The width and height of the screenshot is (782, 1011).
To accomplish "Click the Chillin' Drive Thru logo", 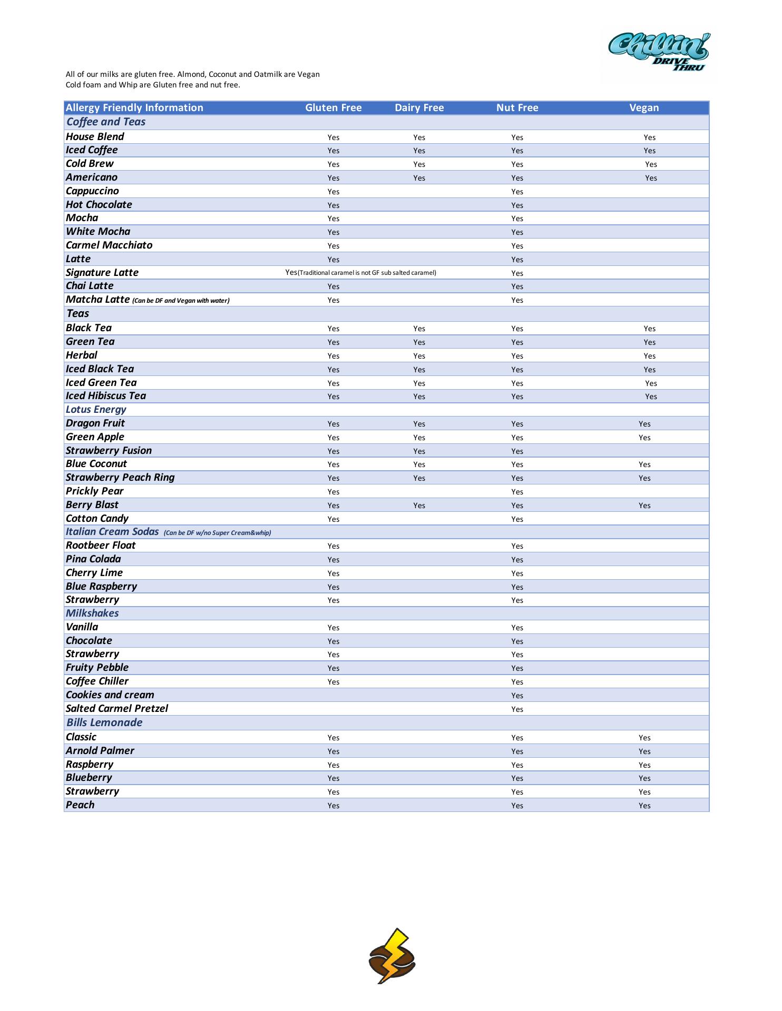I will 659,53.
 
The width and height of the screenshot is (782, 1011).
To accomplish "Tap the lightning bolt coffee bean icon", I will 392,955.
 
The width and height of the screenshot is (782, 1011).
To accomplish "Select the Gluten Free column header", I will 334,108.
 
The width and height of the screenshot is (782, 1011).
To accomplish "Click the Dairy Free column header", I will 419,108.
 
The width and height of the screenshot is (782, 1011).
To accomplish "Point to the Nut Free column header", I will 517,108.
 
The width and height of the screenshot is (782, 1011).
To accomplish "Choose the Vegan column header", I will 644,108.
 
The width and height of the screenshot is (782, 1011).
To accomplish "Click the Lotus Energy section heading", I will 96,410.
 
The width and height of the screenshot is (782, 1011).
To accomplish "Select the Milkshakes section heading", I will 92,613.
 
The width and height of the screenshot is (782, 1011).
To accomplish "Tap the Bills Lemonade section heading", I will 104,722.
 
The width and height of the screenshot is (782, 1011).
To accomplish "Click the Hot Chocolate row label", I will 99,205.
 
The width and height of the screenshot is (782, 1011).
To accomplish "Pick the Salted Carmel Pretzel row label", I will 116,709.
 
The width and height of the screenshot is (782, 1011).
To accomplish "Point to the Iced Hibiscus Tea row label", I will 105,396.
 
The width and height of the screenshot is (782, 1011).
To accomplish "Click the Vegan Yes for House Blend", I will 649,137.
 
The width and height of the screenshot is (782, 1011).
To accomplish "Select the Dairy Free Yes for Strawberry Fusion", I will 419,451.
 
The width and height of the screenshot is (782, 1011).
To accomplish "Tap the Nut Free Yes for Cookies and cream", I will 517,696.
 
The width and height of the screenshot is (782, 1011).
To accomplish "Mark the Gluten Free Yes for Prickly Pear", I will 333,492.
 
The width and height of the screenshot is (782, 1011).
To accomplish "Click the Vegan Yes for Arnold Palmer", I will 644,751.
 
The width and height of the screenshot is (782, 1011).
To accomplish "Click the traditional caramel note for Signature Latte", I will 367,273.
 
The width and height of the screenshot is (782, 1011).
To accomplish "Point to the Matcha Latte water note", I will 181,301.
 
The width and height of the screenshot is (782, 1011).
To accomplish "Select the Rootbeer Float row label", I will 101,546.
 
